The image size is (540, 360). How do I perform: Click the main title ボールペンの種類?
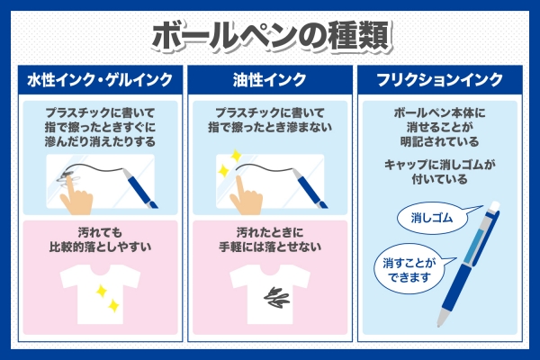272,37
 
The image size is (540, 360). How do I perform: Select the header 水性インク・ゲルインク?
100,80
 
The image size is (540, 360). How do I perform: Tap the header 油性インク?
270,80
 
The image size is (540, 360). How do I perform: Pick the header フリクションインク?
440,80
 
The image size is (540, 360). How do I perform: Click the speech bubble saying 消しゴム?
430,218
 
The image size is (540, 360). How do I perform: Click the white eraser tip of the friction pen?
494,207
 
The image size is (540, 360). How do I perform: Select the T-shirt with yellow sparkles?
100,294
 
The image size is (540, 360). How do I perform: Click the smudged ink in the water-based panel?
67,177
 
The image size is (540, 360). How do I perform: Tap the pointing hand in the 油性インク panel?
246,196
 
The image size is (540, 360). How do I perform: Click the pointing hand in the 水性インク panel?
76,196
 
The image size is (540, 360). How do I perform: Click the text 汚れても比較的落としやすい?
100,239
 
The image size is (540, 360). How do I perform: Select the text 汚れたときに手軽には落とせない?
270,239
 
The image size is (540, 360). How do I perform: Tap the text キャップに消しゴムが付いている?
440,172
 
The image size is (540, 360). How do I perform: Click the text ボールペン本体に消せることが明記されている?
440,127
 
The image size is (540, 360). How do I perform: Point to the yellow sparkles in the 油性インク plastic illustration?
229,163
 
